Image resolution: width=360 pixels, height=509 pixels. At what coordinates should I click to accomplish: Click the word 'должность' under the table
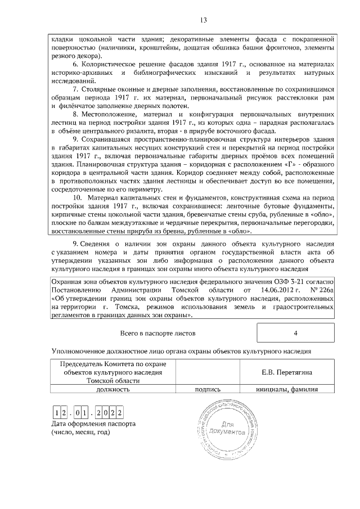[113, 389]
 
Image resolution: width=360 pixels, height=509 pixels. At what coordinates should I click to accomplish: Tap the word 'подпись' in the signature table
[207, 389]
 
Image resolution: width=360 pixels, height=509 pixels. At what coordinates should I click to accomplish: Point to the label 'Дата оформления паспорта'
[93, 424]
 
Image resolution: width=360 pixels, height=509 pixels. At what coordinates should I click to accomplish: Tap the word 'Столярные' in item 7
[102, 89]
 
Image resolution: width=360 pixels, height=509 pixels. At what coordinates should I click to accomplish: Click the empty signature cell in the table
[207, 372]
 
